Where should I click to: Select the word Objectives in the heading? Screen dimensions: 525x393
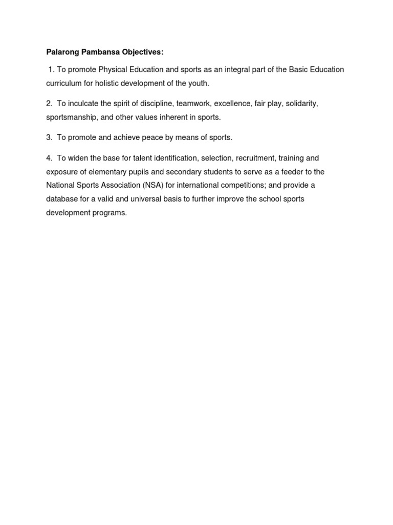coord(142,52)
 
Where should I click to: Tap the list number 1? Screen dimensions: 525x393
coord(51,69)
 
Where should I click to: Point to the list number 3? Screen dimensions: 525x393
coord(49,137)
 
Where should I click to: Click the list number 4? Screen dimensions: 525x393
coord(49,158)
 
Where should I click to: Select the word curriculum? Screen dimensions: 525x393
coord(63,83)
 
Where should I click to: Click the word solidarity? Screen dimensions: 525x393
coord(301,104)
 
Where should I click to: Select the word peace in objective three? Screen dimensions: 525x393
coord(146,137)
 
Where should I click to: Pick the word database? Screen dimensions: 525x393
coord(62,199)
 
